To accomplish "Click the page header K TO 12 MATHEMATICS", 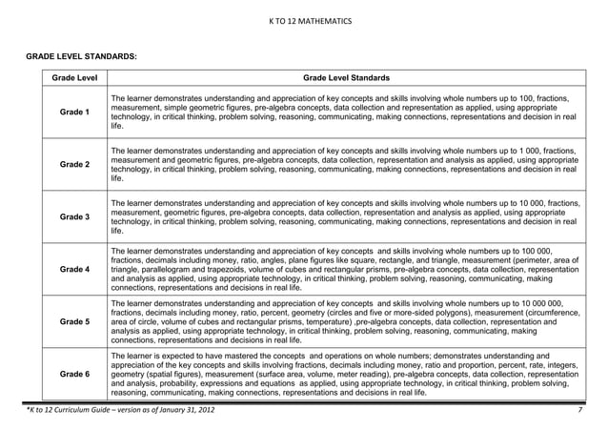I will tap(304, 20).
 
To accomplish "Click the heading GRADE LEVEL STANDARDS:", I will tap(81, 58).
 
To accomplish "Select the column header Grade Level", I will tap(75, 78).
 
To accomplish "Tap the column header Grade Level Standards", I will tap(344, 78).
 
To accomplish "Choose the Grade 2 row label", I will tap(75, 165).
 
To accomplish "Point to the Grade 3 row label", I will tap(75, 217).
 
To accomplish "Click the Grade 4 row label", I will tap(75, 270).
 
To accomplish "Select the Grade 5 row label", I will tap(75, 322).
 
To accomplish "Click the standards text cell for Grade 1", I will tap(344, 113).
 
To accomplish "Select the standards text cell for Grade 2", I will tap(344, 165).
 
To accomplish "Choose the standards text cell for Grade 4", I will tap(344, 270).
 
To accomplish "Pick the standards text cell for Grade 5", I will tap(344, 322).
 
